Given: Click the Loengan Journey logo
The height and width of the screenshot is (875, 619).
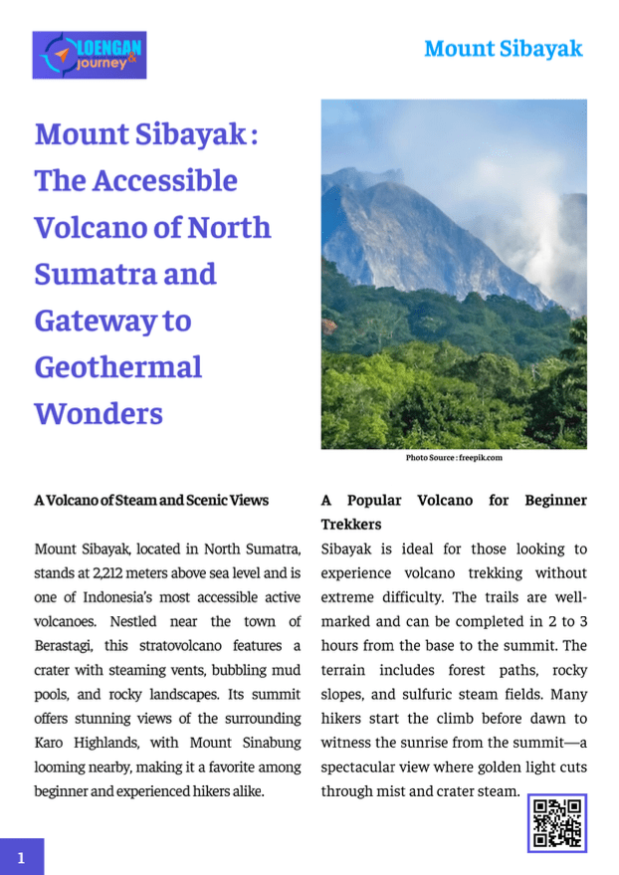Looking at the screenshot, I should [x=89, y=55].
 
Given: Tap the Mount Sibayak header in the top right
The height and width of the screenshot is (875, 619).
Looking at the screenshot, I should [x=503, y=49].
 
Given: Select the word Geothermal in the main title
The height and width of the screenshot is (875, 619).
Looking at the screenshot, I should [x=117, y=366].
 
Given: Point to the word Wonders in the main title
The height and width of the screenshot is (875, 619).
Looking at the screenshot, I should [x=99, y=413].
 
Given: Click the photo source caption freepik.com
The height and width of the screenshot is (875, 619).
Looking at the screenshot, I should [x=454, y=458].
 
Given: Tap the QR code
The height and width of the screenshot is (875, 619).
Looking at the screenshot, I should [x=556, y=822].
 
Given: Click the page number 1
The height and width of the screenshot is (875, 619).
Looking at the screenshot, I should [x=21, y=856].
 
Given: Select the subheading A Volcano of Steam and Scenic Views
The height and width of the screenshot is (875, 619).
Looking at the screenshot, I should [x=151, y=500].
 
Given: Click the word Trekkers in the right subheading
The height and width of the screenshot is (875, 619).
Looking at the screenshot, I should [x=350, y=524].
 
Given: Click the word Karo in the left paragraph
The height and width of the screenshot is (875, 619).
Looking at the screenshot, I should [x=48, y=743].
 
